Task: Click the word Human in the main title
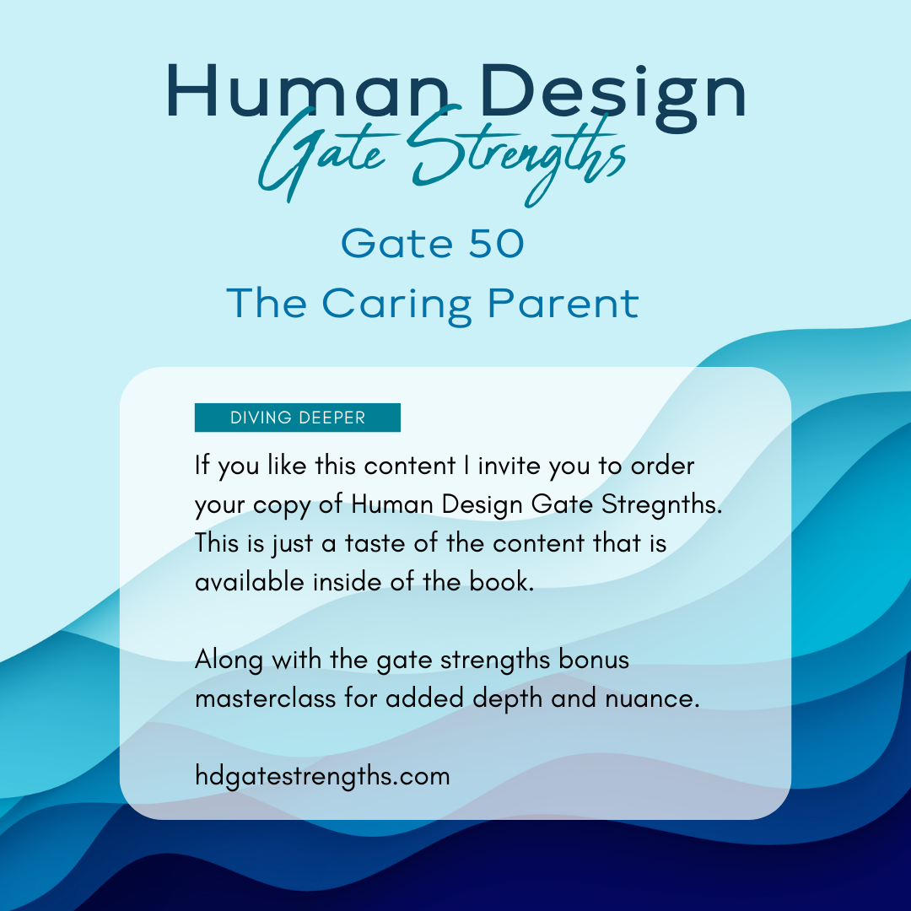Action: coord(308,92)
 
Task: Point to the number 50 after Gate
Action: coord(496,244)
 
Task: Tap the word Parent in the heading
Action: coord(563,304)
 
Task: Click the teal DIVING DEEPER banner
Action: coord(298,418)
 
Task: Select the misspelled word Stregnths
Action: coord(662,505)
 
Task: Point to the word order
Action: coord(663,466)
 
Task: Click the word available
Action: coord(250,582)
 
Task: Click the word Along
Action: coord(229,660)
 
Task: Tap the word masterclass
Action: coord(266,698)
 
